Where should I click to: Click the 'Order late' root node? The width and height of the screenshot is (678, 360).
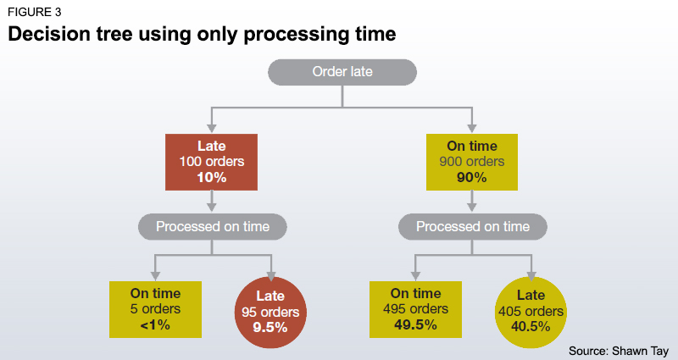coord(342,72)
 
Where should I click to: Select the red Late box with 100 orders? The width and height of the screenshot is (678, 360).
coord(212,161)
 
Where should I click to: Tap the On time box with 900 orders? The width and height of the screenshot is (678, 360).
coord(472,161)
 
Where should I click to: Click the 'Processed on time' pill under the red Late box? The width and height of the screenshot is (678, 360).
coord(212,227)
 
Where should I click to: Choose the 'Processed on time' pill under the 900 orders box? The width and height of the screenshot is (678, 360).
coord(473,227)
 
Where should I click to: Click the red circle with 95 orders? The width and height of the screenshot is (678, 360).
coord(270,311)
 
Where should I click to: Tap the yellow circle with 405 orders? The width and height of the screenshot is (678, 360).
coord(531,311)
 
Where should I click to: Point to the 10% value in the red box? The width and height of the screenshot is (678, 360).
coord(212,177)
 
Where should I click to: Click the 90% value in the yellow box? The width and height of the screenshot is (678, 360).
coord(472,177)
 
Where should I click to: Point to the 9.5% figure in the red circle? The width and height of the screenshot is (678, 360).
coord(270,327)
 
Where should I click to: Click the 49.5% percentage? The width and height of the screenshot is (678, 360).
coord(414,325)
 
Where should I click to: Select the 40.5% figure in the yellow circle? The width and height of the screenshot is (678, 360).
coord(531,327)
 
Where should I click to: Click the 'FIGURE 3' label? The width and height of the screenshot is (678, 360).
coord(35,12)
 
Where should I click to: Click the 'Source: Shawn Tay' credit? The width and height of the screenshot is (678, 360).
coord(619,350)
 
